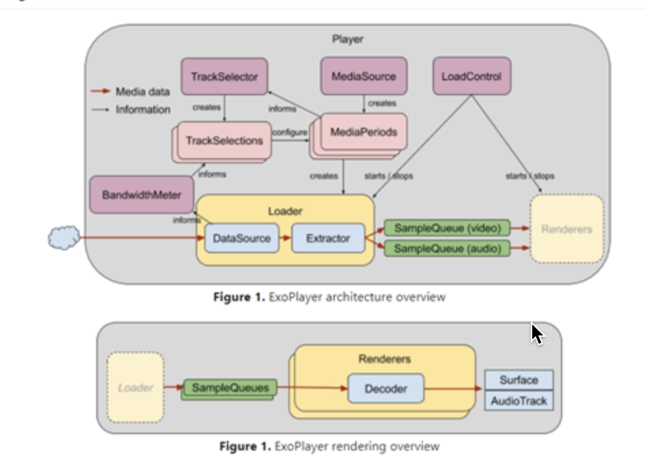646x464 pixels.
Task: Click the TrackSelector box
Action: point(224,77)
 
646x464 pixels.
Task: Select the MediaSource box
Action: point(363,77)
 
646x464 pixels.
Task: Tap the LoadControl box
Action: point(472,77)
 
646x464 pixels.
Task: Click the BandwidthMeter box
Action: point(142,195)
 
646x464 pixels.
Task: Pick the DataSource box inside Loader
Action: point(241,239)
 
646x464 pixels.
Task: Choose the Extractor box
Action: point(328,239)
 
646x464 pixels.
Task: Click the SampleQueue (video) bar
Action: point(447,229)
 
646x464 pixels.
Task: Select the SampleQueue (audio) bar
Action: point(447,249)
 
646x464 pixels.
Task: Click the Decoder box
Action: point(386,389)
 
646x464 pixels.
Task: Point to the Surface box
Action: point(519,380)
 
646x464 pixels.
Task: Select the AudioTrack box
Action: point(519,401)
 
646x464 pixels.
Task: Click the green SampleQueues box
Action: point(230,388)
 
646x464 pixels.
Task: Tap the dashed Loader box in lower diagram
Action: point(135,388)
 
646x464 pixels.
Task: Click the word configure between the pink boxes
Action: point(290,133)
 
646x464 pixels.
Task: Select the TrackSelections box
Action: point(224,141)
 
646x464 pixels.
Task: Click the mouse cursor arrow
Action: point(537,334)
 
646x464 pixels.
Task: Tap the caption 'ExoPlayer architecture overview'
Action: point(356,297)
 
